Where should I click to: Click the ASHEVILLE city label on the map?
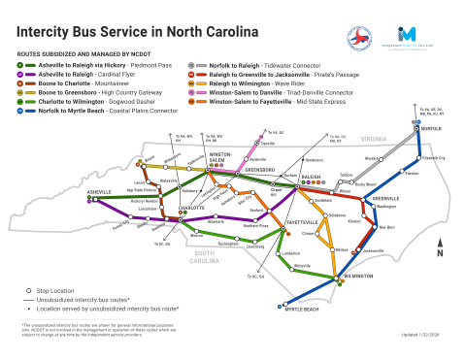point(100,192)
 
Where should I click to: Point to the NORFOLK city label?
point(430,129)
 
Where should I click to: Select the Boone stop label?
point(148,156)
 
